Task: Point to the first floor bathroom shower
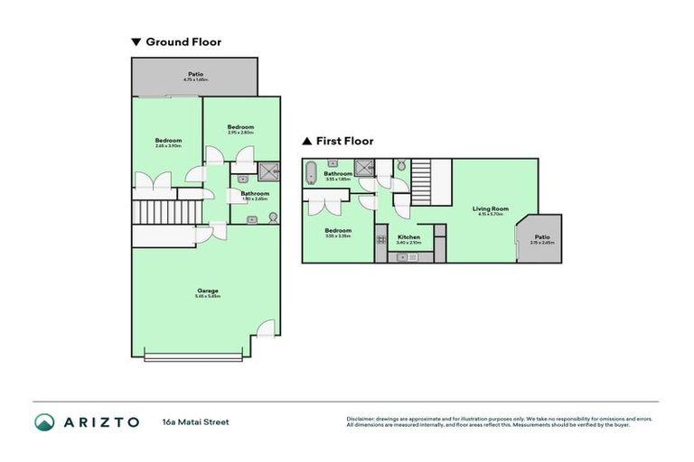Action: [364, 167]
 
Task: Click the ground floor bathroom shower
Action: [269, 171]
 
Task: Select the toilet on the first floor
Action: [401, 167]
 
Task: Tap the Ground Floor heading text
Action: [183, 42]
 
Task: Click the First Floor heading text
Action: [344, 141]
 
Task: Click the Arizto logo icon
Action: [44, 422]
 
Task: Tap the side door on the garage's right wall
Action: [265, 330]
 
